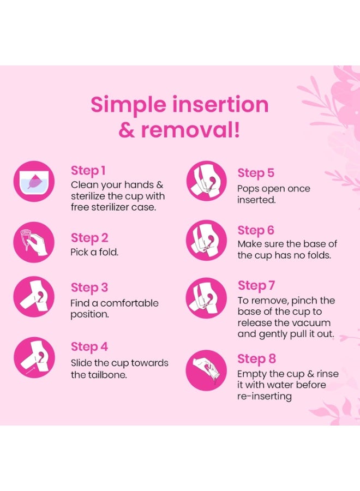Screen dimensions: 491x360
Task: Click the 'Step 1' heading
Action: tap(88, 171)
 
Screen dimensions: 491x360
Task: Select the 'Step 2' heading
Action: tap(89, 238)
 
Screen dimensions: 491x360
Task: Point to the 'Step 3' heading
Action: tap(89, 288)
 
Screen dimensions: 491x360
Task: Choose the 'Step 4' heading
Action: tap(89, 347)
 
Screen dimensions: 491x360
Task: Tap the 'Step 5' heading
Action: tap(256, 173)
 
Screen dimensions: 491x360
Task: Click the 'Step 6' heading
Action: tap(256, 230)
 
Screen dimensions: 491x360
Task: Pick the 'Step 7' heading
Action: tap(256, 286)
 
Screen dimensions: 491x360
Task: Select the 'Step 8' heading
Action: tap(256, 359)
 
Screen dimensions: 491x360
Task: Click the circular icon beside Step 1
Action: tap(34, 181)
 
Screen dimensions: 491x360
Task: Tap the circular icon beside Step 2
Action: tap(34, 242)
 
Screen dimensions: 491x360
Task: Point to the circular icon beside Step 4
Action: tap(34, 357)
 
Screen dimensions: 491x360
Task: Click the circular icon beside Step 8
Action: tap(206, 370)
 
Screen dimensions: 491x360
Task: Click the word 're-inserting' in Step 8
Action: tap(264, 396)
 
